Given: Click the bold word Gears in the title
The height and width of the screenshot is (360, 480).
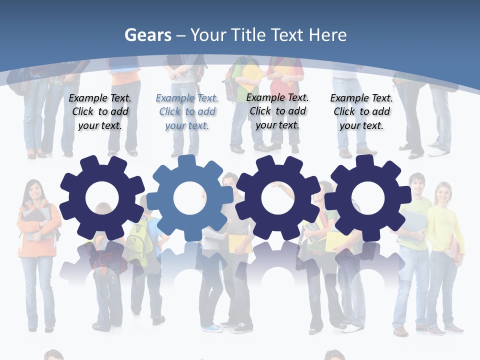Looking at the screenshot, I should [x=147, y=35].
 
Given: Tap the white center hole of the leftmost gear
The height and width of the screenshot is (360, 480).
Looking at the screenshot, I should [x=102, y=198].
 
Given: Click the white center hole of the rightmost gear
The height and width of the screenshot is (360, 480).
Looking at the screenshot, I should [x=367, y=198].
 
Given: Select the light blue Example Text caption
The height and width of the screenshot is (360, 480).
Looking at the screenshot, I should [x=187, y=111].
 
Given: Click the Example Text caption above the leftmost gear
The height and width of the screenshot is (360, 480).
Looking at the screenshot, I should [x=100, y=111].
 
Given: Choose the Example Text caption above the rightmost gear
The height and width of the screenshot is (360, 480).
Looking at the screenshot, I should [x=361, y=111].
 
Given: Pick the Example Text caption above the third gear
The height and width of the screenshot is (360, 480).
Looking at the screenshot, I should [x=277, y=111].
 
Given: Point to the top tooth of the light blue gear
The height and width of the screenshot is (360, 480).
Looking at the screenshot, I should [x=186, y=161].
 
